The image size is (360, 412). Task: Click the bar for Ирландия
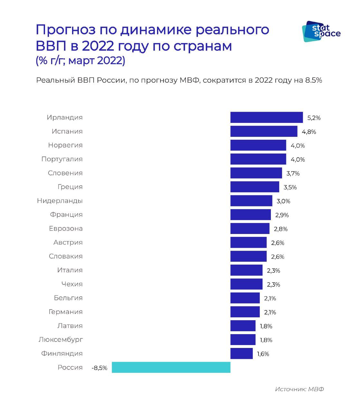[x=266, y=117]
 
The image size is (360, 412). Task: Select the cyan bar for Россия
[x=171, y=367]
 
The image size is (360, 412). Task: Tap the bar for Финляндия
[x=241, y=353]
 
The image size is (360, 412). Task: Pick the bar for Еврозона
[x=250, y=229]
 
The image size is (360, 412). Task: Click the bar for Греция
[x=254, y=187]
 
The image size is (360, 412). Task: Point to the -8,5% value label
[x=99, y=368]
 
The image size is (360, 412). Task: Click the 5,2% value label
[x=314, y=118]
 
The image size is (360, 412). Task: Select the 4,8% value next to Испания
[x=309, y=132]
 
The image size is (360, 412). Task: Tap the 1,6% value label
[x=263, y=354]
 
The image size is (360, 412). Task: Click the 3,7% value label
[x=293, y=173]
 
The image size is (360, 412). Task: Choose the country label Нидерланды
[x=60, y=201]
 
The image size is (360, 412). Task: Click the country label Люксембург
[x=60, y=340]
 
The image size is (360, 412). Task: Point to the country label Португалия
[x=62, y=159]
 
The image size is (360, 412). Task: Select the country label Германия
[x=66, y=312]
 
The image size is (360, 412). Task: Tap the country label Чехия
[x=72, y=284]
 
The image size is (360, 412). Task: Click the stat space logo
[x=321, y=31]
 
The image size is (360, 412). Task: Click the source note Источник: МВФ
[x=299, y=389]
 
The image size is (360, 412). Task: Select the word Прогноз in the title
[x=66, y=30]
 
